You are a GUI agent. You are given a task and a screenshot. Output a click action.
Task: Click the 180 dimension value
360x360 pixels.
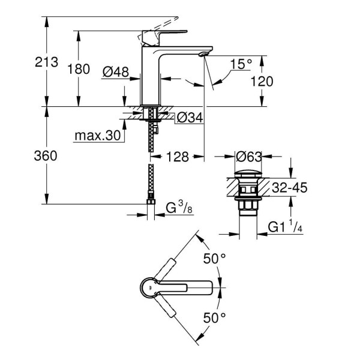click(x=79, y=70)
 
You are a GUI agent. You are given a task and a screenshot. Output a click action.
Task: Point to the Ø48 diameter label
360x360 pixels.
click(x=116, y=71)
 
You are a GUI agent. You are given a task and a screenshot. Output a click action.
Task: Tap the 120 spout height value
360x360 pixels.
click(x=262, y=81)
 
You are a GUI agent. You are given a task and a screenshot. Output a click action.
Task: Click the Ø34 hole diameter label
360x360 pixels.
click(x=189, y=116)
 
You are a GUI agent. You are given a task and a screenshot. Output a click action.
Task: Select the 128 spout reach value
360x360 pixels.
click(x=178, y=157)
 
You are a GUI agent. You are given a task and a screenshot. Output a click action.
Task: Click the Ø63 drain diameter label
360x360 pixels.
click(x=248, y=157)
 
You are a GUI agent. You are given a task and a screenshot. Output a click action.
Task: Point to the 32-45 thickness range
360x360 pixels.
click(x=289, y=188)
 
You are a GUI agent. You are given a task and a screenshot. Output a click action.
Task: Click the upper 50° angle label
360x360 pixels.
click(x=214, y=259)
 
